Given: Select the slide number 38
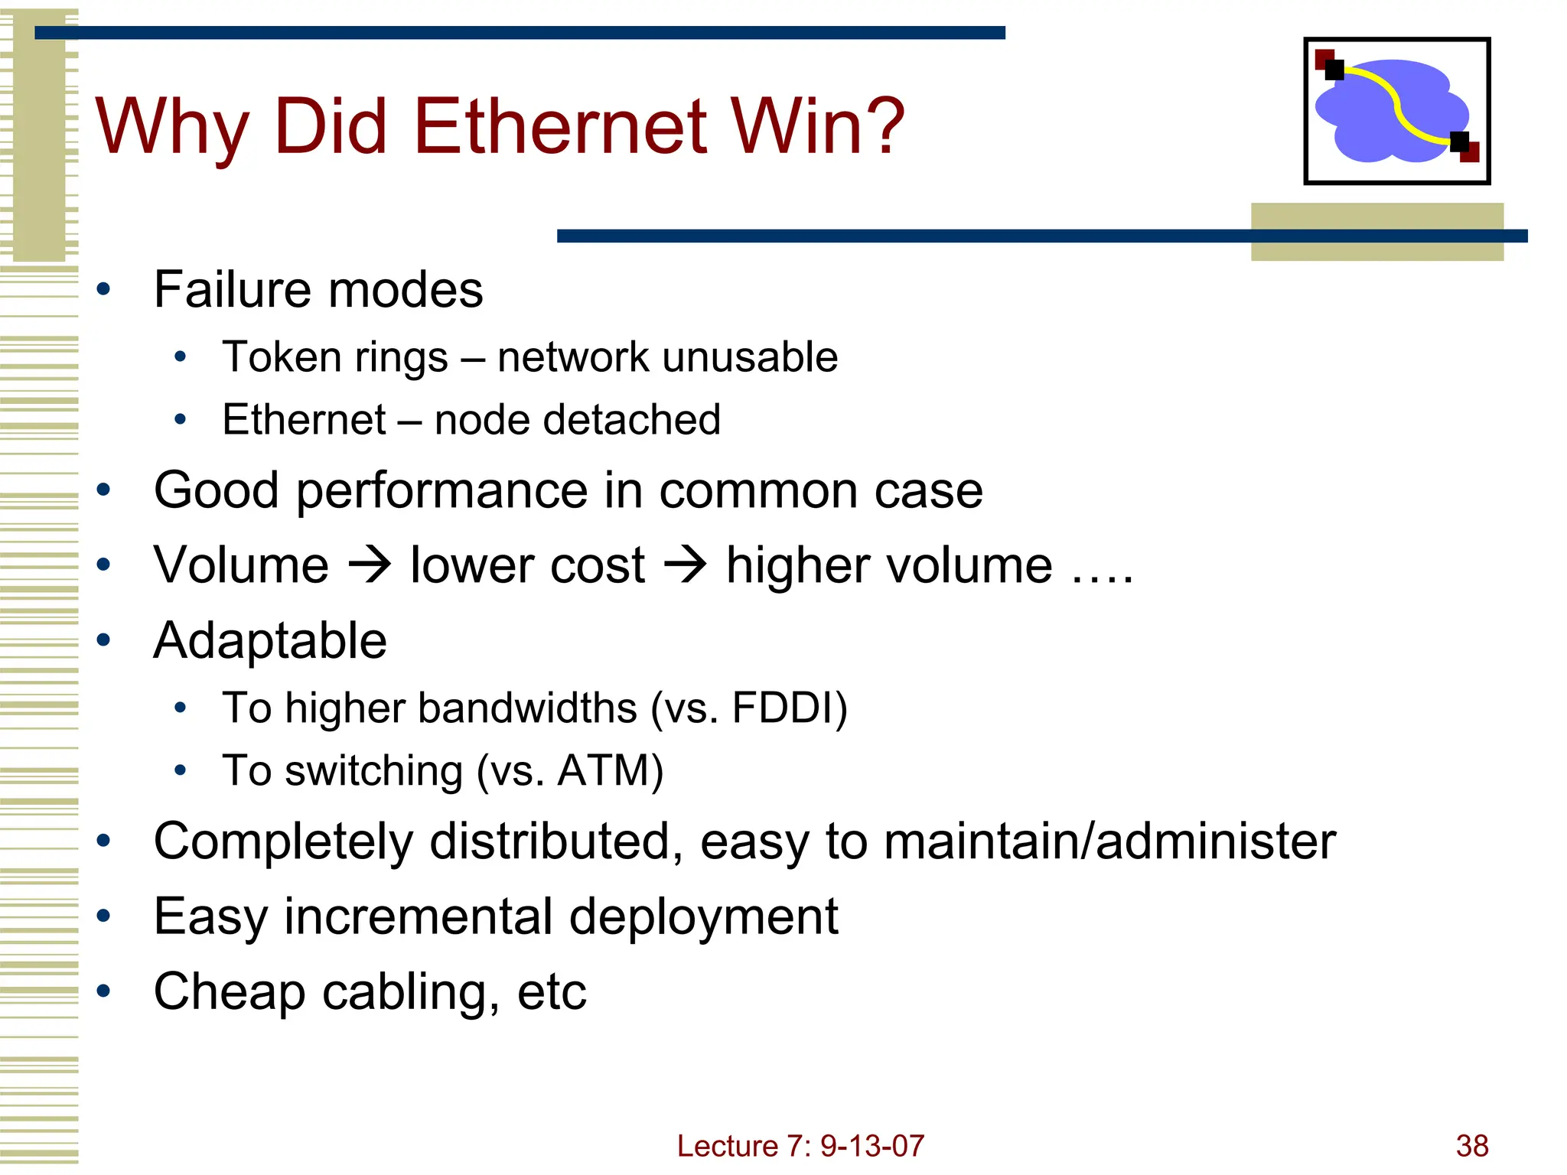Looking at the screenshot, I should pyautogui.click(x=1471, y=1146).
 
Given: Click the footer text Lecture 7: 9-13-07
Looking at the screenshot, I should pyautogui.click(x=800, y=1146).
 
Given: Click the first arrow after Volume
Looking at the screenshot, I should pyautogui.click(x=370, y=566).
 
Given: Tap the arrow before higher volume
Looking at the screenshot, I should pyautogui.click(x=685, y=566).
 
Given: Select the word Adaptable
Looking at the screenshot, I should pyautogui.click(x=270, y=640).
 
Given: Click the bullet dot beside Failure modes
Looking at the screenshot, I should pyautogui.click(x=104, y=291).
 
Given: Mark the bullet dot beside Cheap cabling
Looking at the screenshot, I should pyautogui.click(x=104, y=991).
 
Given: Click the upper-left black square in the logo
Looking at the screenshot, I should pyautogui.click(x=1334, y=70).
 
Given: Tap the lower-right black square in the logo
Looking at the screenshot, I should pyautogui.click(x=1459, y=142).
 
